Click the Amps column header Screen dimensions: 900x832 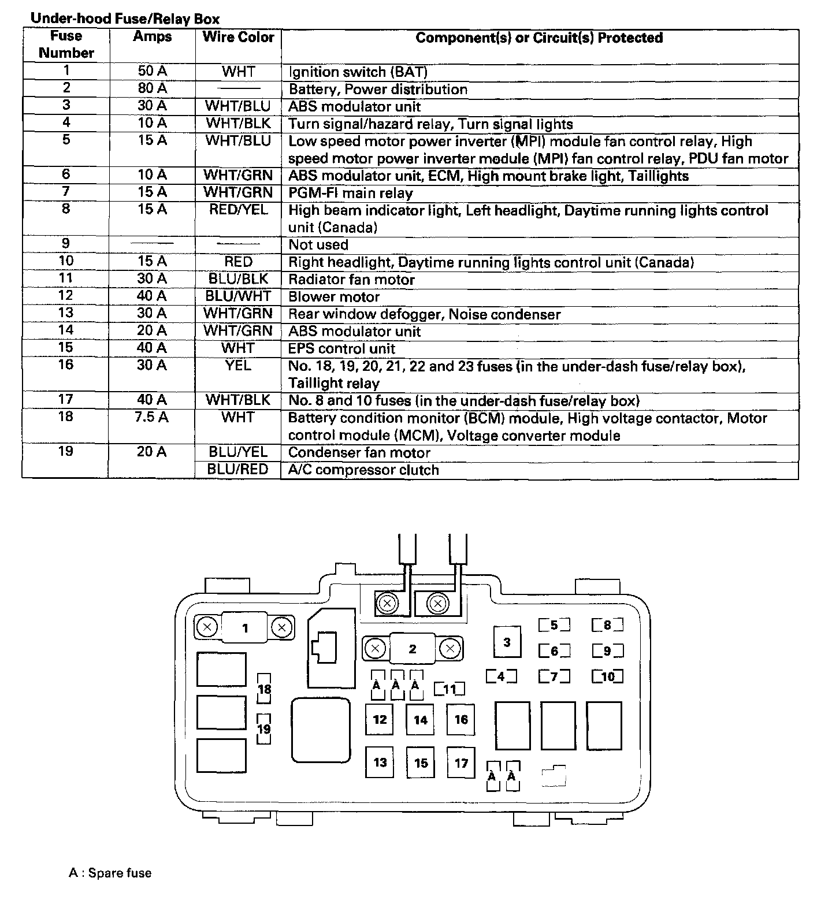(153, 37)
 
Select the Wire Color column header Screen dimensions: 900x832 (238, 38)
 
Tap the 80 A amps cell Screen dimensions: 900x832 (153, 88)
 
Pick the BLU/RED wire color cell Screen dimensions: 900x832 (238, 470)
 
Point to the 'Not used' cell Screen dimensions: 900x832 (318, 245)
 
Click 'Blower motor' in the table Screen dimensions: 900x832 (334, 297)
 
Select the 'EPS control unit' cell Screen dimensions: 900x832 (341, 349)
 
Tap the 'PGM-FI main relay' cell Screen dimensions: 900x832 (350, 193)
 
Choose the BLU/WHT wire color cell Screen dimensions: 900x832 (238, 296)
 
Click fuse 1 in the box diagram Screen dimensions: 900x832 (245, 628)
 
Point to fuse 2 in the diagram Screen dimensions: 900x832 (413, 649)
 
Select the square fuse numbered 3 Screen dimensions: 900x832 (507, 642)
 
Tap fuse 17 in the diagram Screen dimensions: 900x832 (461, 763)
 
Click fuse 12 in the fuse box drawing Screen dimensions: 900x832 (380, 719)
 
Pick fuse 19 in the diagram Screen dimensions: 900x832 (264, 729)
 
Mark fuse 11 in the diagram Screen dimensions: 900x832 (450, 689)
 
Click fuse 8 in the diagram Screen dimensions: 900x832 (607, 625)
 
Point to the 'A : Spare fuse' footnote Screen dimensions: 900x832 (110, 873)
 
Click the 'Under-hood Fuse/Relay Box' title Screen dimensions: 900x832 (125, 19)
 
